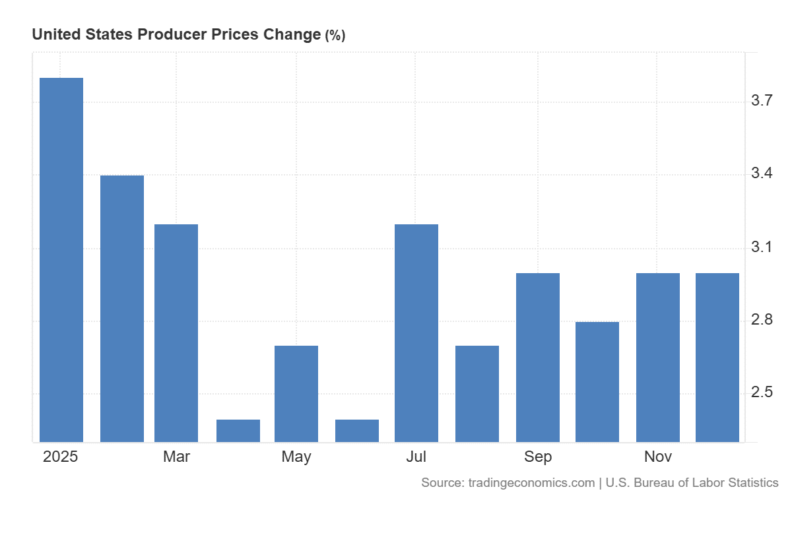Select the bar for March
(176, 333)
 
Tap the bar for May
(296, 393)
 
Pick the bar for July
(416, 333)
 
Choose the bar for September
(538, 357)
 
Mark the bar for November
(658, 357)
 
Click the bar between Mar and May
(238, 430)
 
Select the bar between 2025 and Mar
(122, 308)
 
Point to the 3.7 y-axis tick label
(762, 101)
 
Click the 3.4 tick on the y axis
(762, 174)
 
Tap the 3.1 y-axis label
(762, 247)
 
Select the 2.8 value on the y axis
(762, 321)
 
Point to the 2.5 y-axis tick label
(762, 393)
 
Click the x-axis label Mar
(176, 457)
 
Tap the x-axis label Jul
(416, 457)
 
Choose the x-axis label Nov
(658, 457)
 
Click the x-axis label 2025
(60, 457)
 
